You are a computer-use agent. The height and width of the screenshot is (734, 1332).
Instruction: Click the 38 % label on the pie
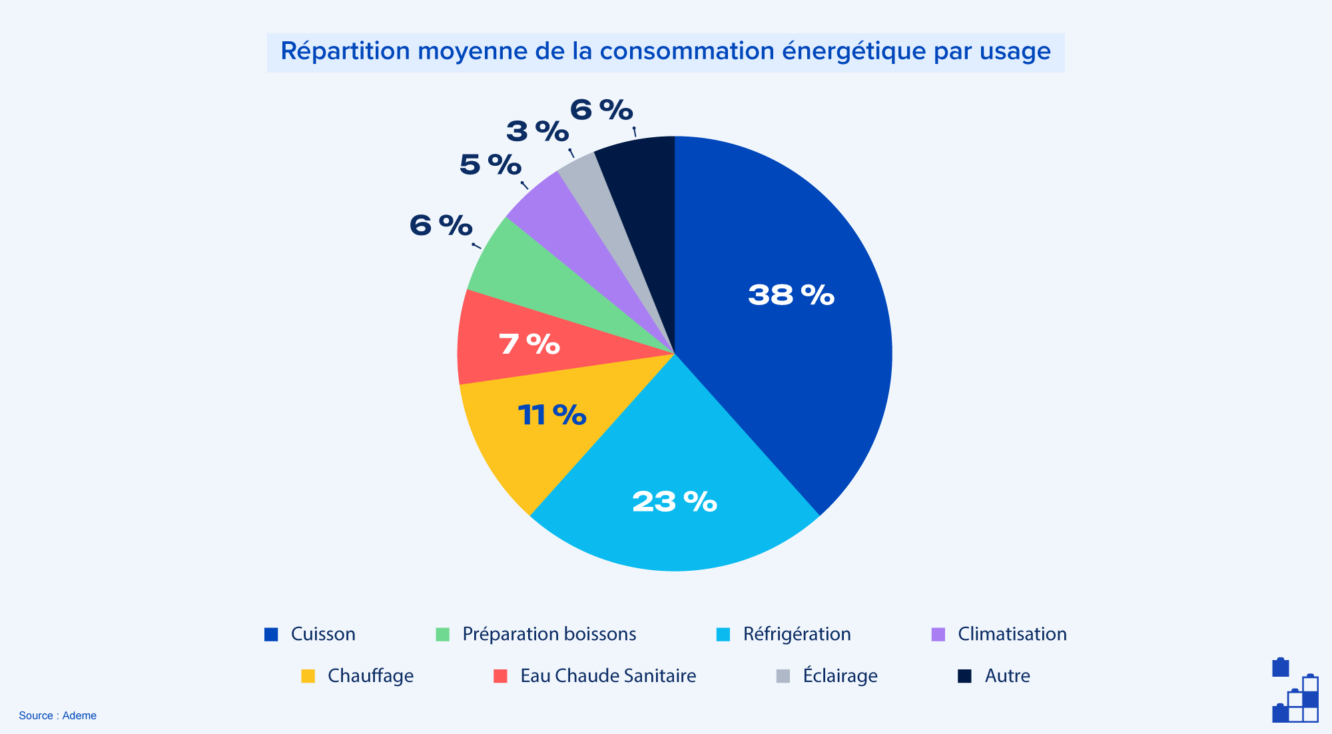(x=791, y=295)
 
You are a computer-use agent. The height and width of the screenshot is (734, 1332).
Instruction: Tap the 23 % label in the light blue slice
(x=674, y=502)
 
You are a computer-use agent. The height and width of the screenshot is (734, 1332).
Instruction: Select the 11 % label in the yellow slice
(x=551, y=415)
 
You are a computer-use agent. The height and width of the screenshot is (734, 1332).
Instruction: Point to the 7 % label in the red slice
(x=529, y=344)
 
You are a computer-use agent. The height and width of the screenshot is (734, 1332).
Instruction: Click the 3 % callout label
(x=537, y=131)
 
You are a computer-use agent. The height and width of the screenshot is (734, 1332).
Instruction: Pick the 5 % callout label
(x=490, y=165)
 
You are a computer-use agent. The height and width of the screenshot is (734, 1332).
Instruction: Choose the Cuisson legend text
(x=323, y=634)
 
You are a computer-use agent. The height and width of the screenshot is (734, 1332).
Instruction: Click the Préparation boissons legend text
(x=549, y=634)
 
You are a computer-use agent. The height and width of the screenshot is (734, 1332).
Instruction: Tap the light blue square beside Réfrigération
(x=723, y=635)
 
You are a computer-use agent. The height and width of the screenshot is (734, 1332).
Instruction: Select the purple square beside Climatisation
(x=938, y=635)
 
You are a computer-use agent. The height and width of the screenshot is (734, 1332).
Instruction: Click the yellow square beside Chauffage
(x=308, y=676)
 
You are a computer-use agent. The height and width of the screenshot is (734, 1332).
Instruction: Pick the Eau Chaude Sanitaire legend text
(x=607, y=676)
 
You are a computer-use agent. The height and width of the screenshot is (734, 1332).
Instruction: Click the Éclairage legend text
(x=840, y=676)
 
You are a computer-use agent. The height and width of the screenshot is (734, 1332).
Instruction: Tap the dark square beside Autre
(x=964, y=676)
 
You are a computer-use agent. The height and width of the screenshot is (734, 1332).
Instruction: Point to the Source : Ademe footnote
(x=58, y=715)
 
